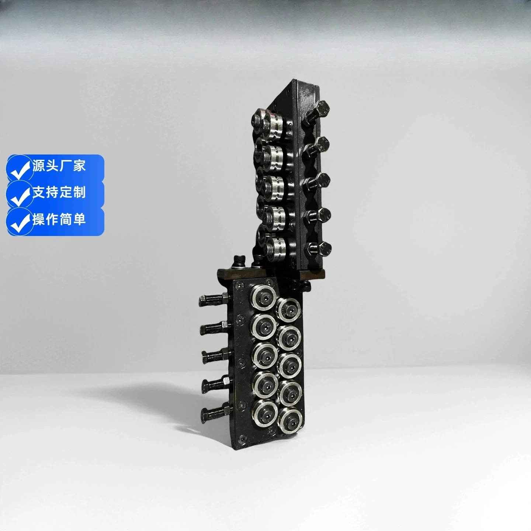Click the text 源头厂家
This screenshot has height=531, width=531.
[59, 166]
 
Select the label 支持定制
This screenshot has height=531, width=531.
[59, 192]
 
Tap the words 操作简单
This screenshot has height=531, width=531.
[59, 219]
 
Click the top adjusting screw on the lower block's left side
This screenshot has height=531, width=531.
[214, 299]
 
